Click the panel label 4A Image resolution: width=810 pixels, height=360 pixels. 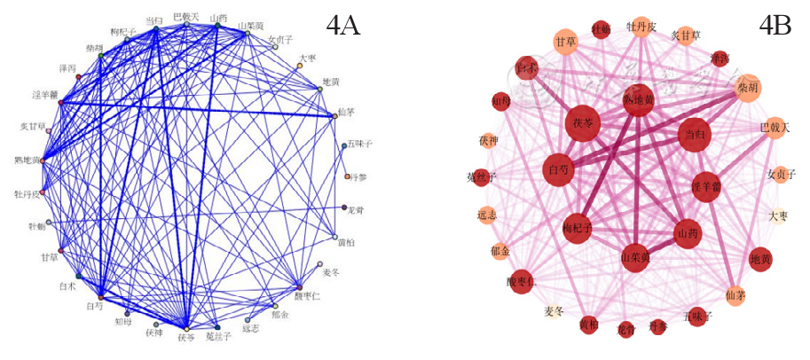(x=342, y=26)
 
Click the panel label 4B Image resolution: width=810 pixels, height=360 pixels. (x=775, y=26)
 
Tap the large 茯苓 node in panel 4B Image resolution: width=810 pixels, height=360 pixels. (x=587, y=123)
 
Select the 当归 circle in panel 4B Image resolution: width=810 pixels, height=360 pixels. (x=694, y=135)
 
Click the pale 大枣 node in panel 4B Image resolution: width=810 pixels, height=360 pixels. (x=778, y=215)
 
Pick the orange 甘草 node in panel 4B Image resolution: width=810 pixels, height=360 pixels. (x=565, y=42)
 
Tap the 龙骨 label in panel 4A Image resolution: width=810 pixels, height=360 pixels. (x=354, y=209)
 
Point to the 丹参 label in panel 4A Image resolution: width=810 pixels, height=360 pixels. (x=358, y=176)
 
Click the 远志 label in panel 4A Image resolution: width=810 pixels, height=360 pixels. (x=250, y=327)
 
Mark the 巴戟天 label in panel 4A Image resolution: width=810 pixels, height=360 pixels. (x=186, y=16)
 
